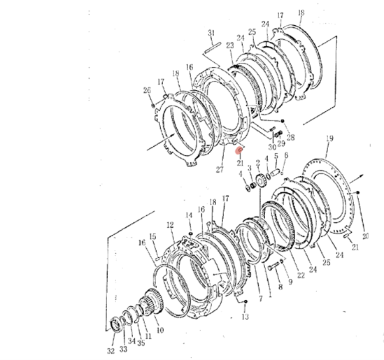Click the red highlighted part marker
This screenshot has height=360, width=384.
(239, 150)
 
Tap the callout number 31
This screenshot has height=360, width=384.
(211, 33)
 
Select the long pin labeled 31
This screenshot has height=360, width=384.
(213, 48)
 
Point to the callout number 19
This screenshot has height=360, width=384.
(329, 138)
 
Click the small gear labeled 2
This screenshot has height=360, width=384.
(260, 181)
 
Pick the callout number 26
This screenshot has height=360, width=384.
(147, 90)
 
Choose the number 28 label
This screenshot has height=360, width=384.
(290, 138)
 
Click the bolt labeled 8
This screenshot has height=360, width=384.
(273, 267)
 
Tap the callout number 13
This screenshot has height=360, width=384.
(245, 317)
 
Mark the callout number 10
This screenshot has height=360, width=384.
(160, 331)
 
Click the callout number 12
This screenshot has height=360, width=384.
(170, 224)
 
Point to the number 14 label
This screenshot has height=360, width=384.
(189, 215)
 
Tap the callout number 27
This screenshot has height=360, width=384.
(220, 169)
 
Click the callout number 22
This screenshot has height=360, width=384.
(301, 275)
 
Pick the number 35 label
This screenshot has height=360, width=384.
(141, 343)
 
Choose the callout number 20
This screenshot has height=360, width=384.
(365, 236)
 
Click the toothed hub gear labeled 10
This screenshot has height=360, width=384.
(152, 303)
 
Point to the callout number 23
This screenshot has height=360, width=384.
(230, 45)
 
